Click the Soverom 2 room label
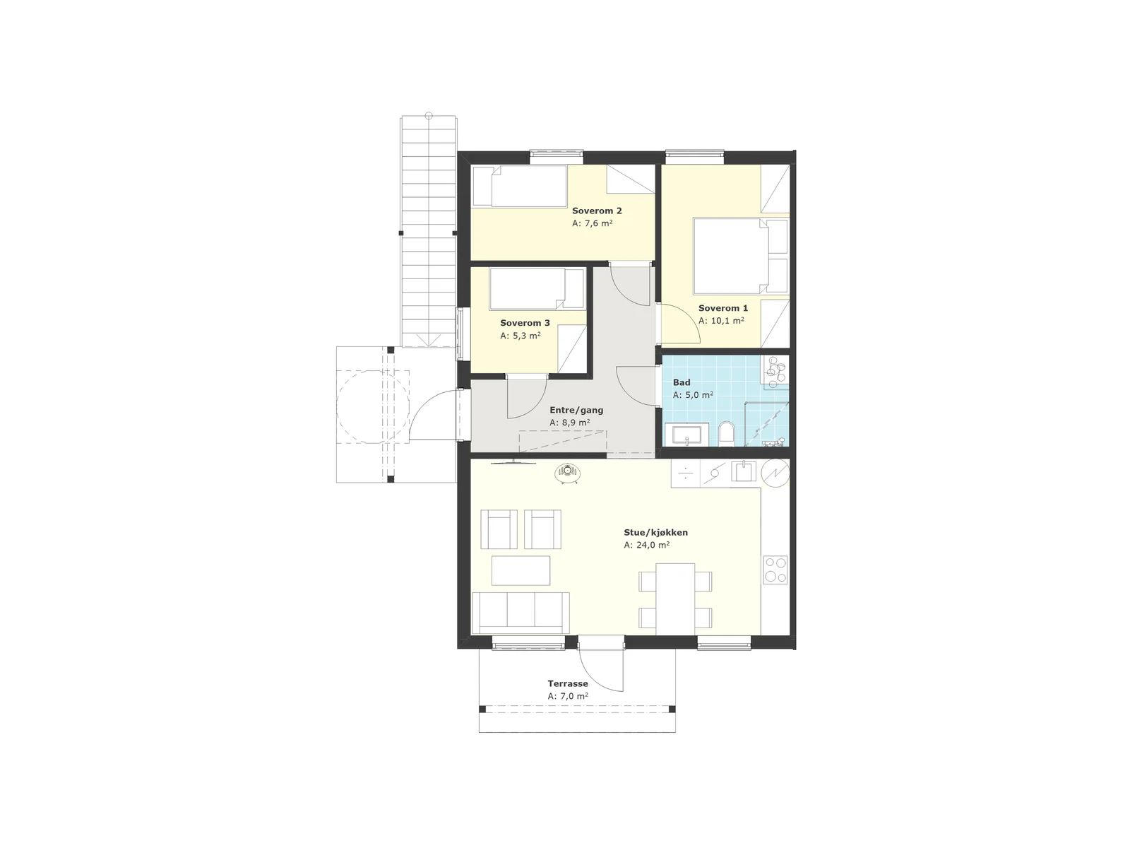pos(597,211)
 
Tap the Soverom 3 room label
pos(525,323)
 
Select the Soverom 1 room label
pos(722,308)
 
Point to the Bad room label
pos(681,382)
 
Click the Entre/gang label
pos(576,411)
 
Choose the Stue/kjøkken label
pos(655,532)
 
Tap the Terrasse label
pos(567,684)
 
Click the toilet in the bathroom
pos(727,433)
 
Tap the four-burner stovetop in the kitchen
pos(775,570)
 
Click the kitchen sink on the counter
pos(743,471)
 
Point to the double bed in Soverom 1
pos(740,256)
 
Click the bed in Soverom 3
pos(537,288)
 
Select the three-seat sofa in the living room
pos(521,613)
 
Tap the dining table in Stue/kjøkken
pos(675,599)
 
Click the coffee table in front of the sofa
pos(521,570)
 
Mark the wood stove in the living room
pos(568,473)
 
